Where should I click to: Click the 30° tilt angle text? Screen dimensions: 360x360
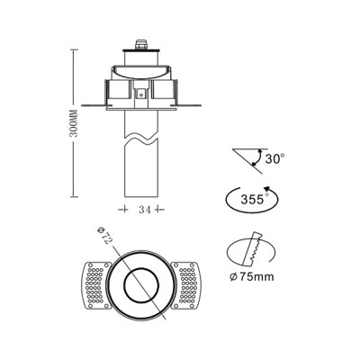[274, 158]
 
